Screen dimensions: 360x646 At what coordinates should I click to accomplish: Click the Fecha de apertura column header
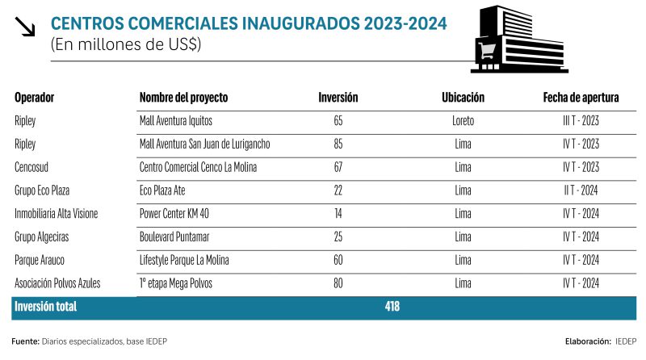(581, 98)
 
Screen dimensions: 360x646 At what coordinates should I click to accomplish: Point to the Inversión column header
(338, 98)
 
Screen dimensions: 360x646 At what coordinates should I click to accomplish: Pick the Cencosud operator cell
(35, 167)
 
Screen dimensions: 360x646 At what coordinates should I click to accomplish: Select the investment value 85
(338, 144)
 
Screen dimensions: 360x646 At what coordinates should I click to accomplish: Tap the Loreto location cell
(463, 121)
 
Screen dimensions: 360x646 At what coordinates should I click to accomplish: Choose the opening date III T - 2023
(581, 121)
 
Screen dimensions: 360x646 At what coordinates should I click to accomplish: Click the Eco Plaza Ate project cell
(167, 190)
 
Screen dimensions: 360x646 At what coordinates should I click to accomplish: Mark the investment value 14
(338, 214)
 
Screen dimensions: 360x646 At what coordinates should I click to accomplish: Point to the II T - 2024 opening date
(581, 190)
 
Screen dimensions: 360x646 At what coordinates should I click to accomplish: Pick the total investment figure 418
(391, 308)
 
